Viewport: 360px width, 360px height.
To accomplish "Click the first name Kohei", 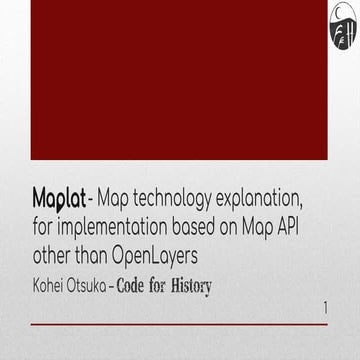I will coord(50,285).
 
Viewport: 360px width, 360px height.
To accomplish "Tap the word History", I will coord(191,285).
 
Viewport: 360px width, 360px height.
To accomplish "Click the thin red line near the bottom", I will coord(179,324).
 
